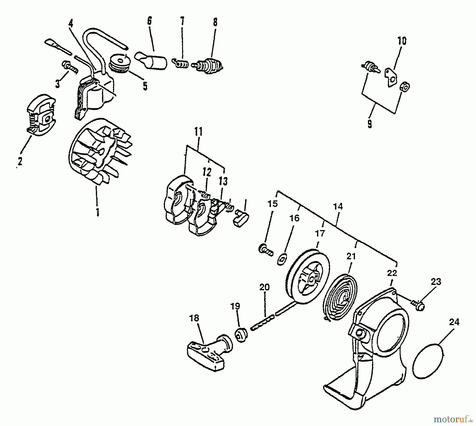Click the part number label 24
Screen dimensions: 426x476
[454, 322]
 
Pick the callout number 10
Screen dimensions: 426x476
[402, 41]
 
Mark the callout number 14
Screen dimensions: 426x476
[338, 207]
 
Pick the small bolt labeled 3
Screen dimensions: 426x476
[70, 67]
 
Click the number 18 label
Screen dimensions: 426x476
[194, 318]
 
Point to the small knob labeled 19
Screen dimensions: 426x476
[241, 336]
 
